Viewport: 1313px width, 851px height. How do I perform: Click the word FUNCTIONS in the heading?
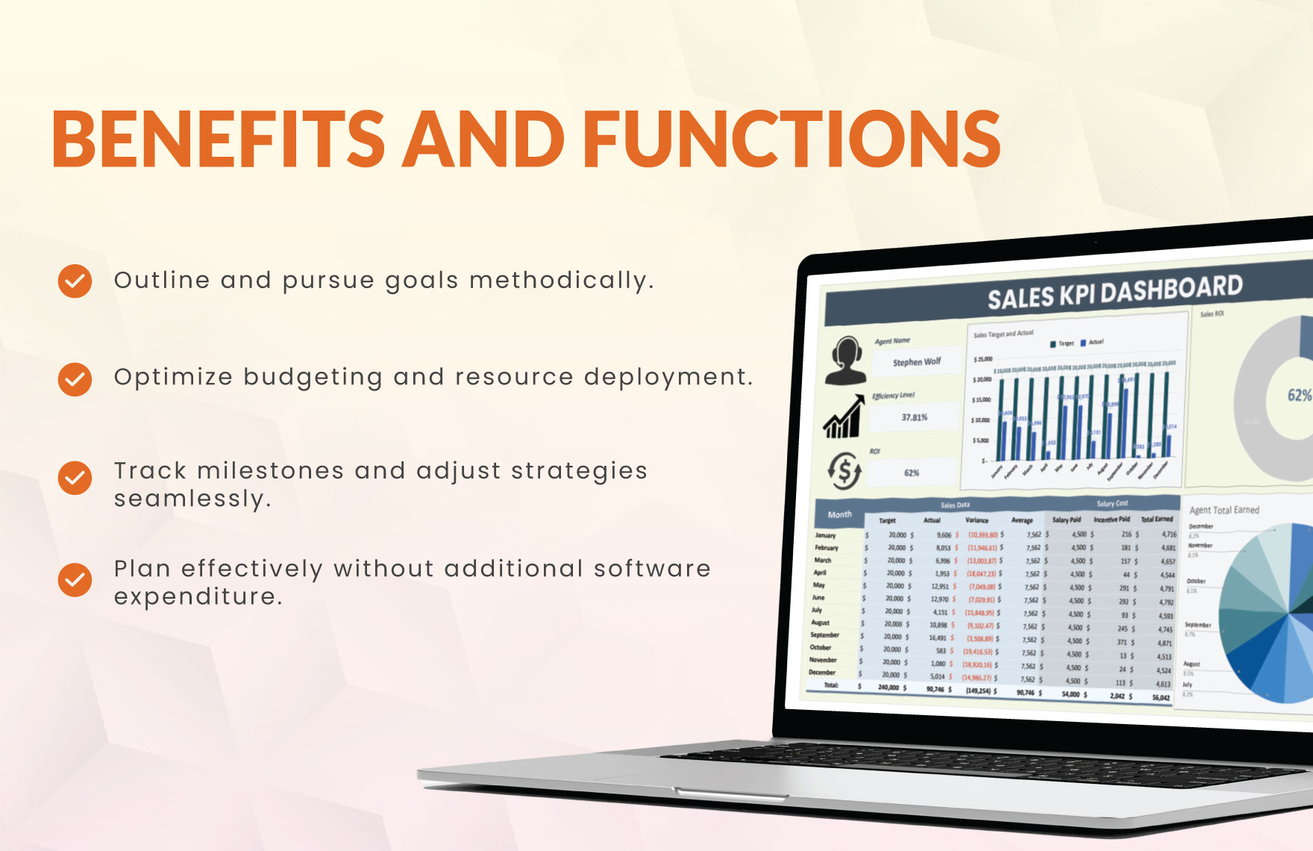point(791,139)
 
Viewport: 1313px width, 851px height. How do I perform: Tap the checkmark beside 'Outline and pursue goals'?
point(75,281)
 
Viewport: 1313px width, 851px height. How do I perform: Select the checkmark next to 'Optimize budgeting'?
point(75,379)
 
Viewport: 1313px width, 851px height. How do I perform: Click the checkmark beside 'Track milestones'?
point(75,478)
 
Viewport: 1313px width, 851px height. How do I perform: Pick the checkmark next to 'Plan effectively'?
point(75,580)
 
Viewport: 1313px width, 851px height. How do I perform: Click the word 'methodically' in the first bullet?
point(561,281)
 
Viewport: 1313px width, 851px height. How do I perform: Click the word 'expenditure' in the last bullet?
point(198,596)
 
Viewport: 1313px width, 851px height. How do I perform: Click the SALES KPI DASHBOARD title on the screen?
point(1115,292)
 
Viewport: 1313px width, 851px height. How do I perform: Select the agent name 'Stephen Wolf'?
point(917,362)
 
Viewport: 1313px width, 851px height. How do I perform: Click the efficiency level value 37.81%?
point(914,417)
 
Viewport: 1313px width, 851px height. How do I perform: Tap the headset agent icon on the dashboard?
point(845,360)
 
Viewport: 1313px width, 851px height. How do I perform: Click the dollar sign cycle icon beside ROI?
point(844,471)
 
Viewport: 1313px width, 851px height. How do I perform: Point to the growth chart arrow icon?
point(843,417)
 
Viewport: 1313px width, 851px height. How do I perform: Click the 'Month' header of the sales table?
point(839,514)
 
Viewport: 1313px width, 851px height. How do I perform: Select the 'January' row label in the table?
point(825,535)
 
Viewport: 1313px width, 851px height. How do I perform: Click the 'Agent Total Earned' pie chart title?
point(1224,510)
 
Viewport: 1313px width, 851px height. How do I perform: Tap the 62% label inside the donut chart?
point(1299,396)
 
